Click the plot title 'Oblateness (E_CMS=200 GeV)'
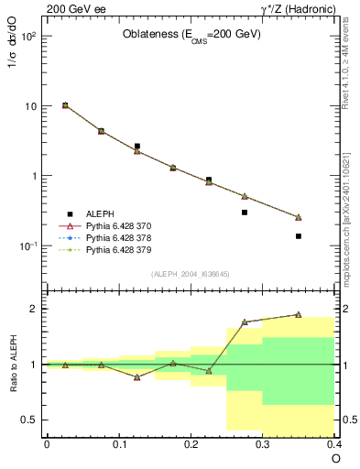click(x=191, y=35)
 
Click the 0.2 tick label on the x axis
click(x=191, y=443)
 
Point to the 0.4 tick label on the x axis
click(x=333, y=443)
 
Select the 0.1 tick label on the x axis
click(x=118, y=443)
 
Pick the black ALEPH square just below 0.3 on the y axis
click(x=245, y=213)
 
